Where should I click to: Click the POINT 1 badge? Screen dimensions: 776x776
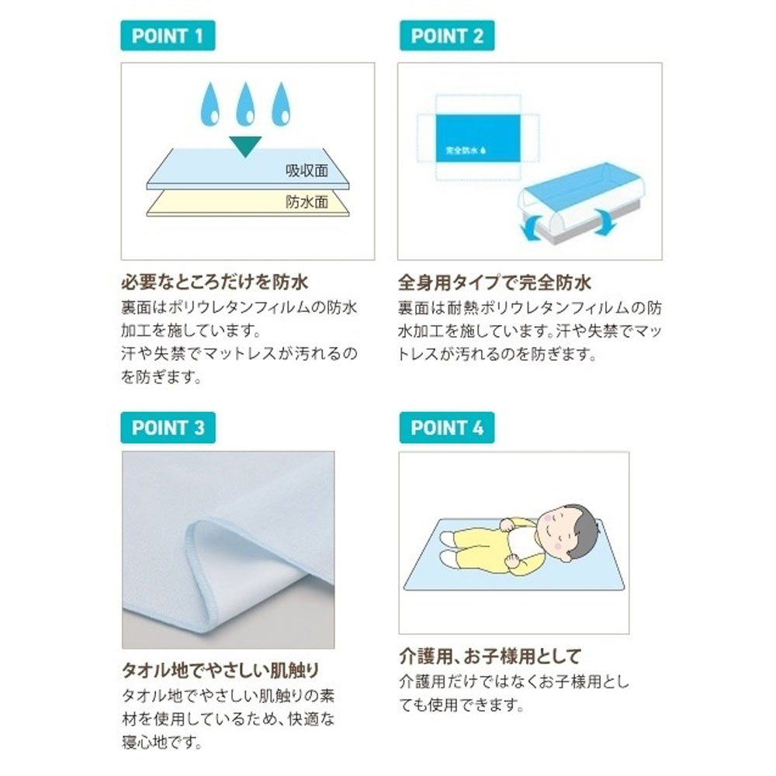167,36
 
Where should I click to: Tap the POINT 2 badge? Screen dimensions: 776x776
446,36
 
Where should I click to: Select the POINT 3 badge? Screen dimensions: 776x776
167,428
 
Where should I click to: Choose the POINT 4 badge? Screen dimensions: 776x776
446,428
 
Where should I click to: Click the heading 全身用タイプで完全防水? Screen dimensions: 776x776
494,281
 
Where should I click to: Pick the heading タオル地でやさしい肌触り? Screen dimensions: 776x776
220,670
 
